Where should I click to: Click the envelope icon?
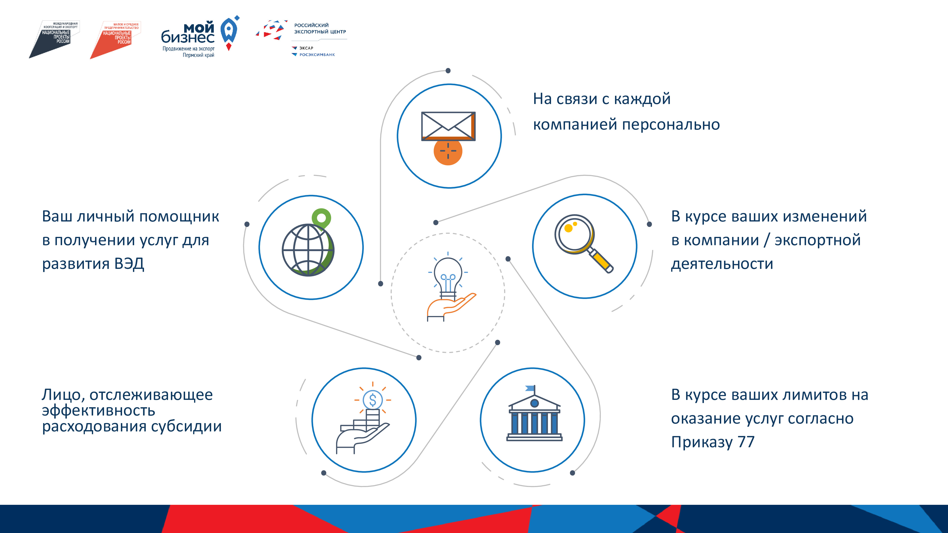(x=448, y=126)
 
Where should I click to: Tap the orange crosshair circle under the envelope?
(x=448, y=151)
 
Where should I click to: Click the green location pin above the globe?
(x=321, y=218)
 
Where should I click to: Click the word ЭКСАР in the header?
(x=306, y=48)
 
